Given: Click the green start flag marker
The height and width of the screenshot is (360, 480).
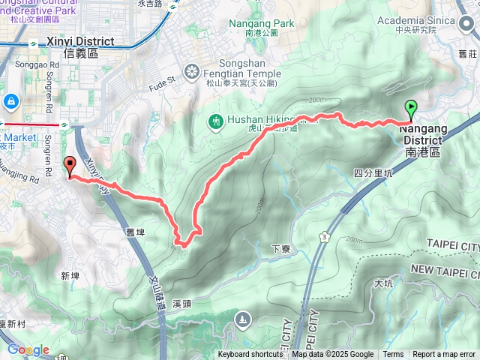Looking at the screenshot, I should pyautogui.click(x=412, y=110).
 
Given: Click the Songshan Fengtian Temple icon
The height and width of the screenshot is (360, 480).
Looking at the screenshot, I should pyautogui.click(x=193, y=72).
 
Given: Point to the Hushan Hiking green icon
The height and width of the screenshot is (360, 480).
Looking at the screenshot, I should pyautogui.click(x=215, y=121).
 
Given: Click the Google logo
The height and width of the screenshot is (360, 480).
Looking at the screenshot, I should pyautogui.click(x=28, y=349).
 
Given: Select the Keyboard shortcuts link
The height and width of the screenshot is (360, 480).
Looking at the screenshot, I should pyautogui.click(x=250, y=355).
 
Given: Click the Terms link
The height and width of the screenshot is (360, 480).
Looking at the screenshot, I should pyautogui.click(x=393, y=355).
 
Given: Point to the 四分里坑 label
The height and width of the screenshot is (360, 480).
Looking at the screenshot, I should pyautogui.click(x=373, y=172).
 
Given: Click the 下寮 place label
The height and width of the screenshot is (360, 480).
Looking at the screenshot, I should pyautogui.click(x=280, y=248).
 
